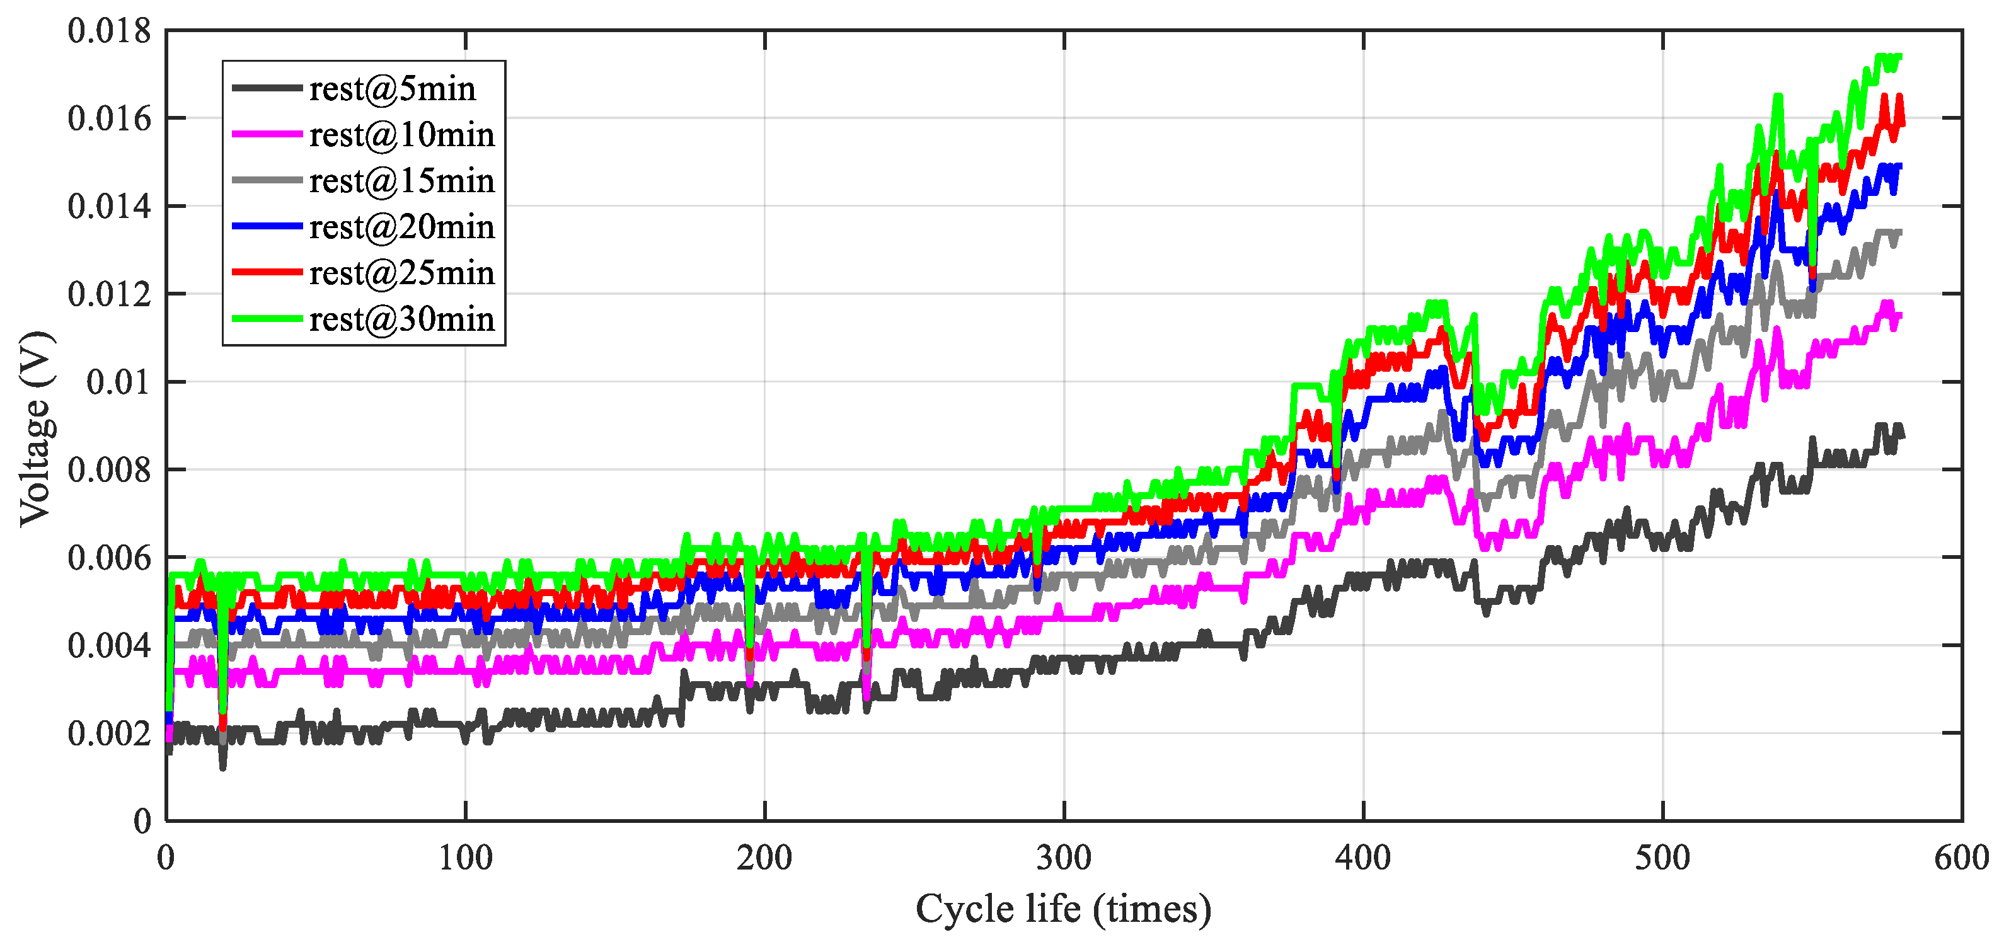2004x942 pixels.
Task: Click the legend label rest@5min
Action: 392,89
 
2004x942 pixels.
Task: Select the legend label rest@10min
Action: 401,135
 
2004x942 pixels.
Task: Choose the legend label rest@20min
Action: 401,226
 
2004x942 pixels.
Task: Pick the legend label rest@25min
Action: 401,272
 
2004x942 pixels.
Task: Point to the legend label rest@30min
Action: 401,318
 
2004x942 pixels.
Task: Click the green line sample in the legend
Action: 267,318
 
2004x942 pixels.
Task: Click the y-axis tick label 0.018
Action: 109,31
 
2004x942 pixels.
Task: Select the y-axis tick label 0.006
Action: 109,558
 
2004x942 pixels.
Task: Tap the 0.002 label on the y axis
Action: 109,733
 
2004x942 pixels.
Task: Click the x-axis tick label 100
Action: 465,858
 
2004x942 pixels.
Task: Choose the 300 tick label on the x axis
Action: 1064,858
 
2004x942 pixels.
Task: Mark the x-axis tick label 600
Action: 1961,858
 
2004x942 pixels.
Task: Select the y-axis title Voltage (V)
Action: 36,428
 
